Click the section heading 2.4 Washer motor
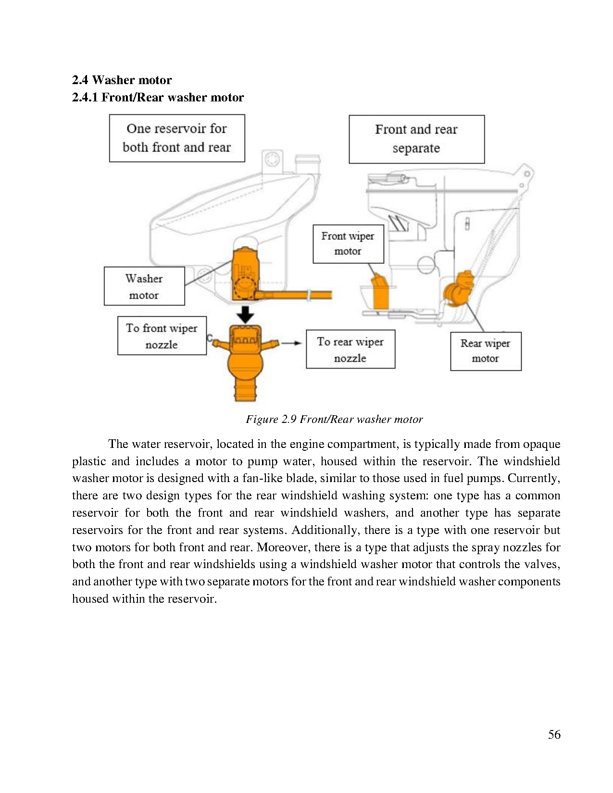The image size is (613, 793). (122, 80)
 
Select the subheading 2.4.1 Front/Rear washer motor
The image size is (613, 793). (158, 97)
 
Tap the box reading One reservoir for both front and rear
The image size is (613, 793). (177, 138)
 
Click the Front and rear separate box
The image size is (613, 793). (416, 139)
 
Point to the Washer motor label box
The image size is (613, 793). (144, 286)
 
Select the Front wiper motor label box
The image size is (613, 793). (348, 244)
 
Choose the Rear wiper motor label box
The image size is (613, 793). (486, 351)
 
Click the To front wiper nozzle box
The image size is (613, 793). (162, 335)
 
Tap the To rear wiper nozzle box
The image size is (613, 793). (350, 349)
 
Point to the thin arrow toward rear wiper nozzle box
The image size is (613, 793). (291, 343)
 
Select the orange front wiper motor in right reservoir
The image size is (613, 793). (381, 292)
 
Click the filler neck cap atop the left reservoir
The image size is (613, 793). (307, 160)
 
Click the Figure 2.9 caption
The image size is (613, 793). (334, 419)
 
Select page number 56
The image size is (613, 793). (554, 734)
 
